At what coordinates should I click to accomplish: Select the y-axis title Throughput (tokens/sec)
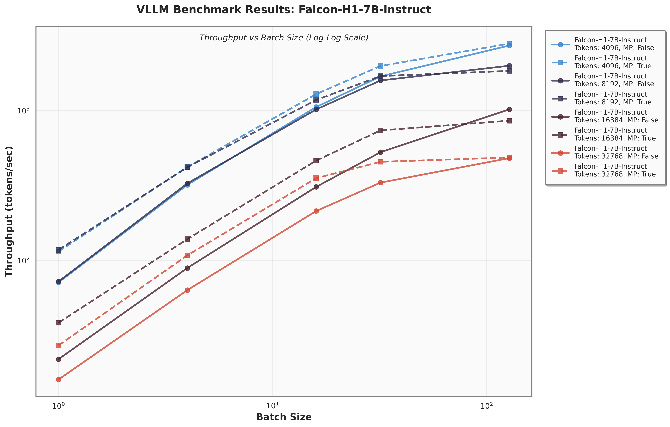pyautogui.click(x=9, y=211)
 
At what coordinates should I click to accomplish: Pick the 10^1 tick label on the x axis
pyautogui.click(x=272, y=406)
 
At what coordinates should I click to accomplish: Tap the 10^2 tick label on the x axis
pyautogui.click(x=486, y=406)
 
